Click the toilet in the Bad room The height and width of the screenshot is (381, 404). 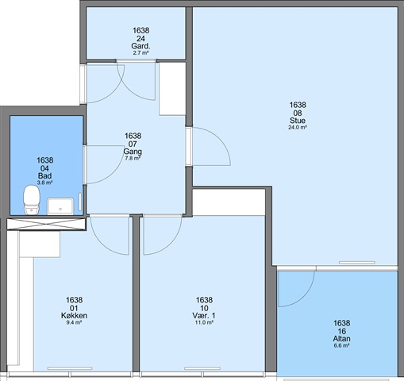pos(32,200)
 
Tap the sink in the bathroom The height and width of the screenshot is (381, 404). pos(60,206)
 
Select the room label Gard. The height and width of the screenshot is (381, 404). pos(140,46)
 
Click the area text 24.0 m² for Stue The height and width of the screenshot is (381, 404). pos(298,127)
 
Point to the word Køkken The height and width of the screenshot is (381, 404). pos(74,315)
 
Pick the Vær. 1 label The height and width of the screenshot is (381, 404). pos(204,315)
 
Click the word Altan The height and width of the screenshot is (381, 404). pos(341,338)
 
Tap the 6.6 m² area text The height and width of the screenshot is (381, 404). pos(341,345)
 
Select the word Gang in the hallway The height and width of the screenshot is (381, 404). pos(133,152)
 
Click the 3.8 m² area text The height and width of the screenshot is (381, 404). pos(44,183)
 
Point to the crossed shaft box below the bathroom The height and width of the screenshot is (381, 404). pos(47,224)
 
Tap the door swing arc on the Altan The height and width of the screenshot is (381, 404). pos(304,297)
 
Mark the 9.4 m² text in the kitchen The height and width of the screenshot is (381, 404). pos(74,322)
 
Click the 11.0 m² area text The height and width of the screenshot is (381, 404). pos(204,322)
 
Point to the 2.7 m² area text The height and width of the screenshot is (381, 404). pos(140,52)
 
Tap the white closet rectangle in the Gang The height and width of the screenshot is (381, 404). pos(172,89)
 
